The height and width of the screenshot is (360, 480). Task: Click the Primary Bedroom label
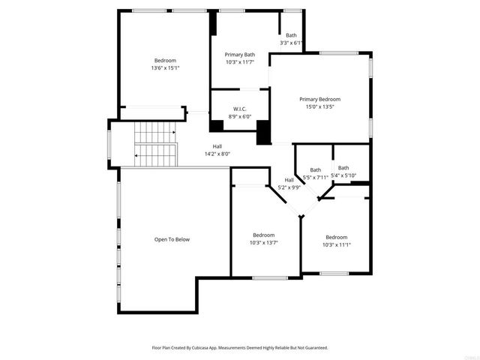point(319,99)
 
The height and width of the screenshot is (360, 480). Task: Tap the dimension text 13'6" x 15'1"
point(165,68)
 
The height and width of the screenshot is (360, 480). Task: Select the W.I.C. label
point(240,109)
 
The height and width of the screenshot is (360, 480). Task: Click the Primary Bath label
point(240,55)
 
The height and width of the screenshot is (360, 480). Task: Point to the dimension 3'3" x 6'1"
point(290,43)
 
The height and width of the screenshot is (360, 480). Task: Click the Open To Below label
point(172,239)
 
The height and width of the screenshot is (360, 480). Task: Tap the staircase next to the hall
point(155,143)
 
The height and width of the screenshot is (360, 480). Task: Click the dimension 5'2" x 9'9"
point(289,187)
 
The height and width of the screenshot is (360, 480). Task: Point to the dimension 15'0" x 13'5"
point(319,107)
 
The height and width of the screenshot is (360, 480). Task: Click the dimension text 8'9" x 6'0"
point(240,116)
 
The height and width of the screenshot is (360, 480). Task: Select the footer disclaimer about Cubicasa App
point(240,348)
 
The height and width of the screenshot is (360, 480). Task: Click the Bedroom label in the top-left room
point(165,61)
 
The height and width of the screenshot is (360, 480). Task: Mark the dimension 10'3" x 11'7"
point(240,62)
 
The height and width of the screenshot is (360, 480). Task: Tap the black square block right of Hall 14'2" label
point(263,133)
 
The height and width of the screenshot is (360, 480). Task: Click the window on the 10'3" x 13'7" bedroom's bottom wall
point(270,277)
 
